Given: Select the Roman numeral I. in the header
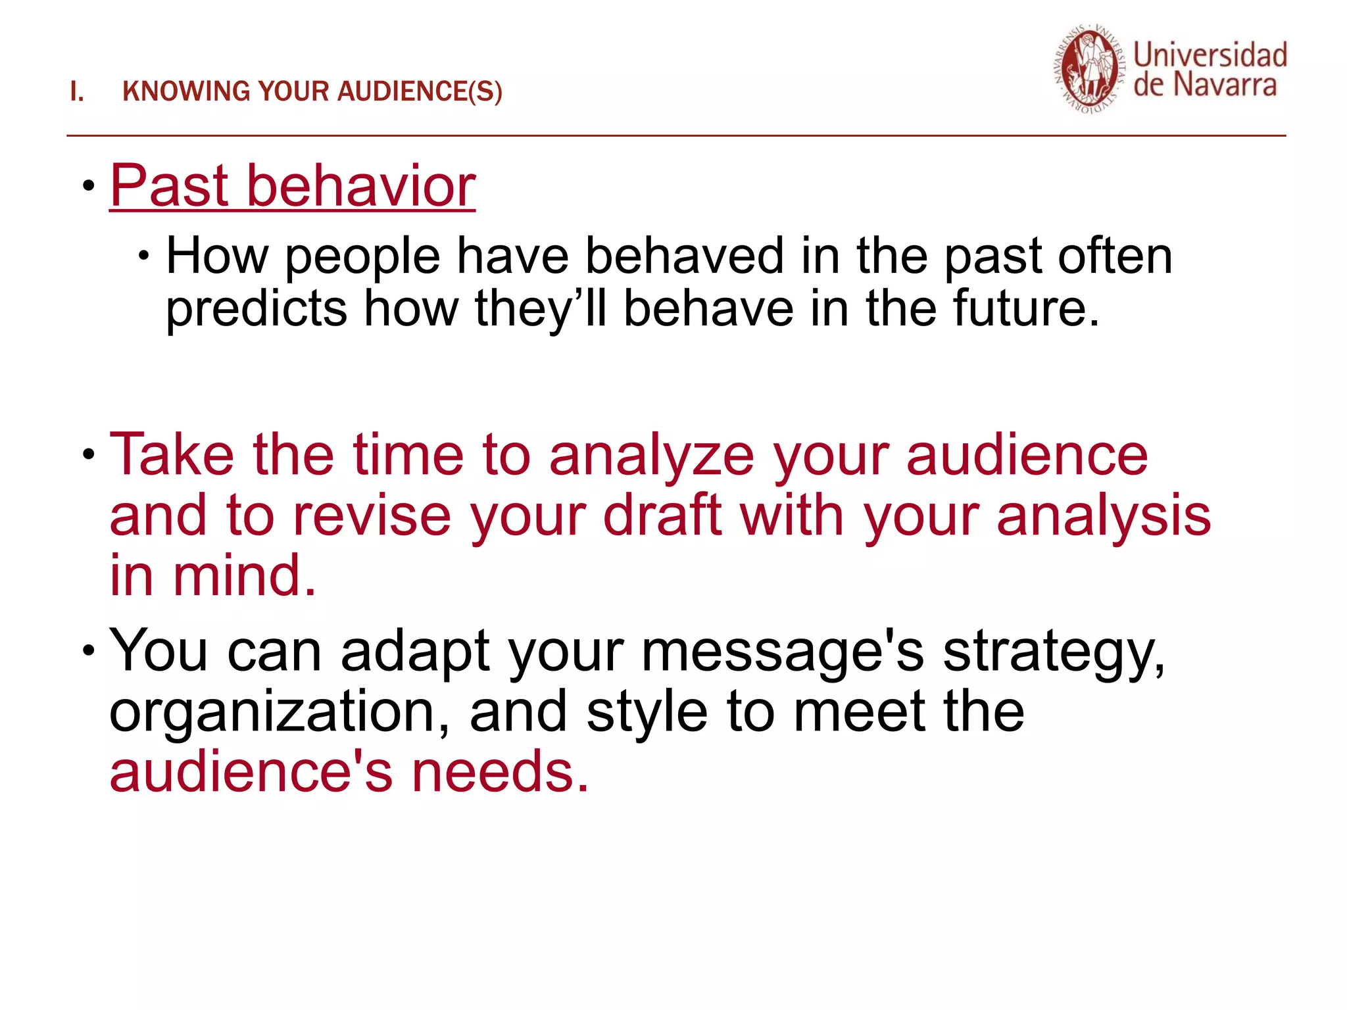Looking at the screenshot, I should tap(77, 91).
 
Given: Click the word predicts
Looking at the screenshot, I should tap(256, 309).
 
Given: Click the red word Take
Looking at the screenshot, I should tap(172, 454).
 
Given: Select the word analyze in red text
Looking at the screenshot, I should tap(652, 456).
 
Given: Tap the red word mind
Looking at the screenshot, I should tap(244, 575).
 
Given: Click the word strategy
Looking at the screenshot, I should tap(1053, 652).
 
